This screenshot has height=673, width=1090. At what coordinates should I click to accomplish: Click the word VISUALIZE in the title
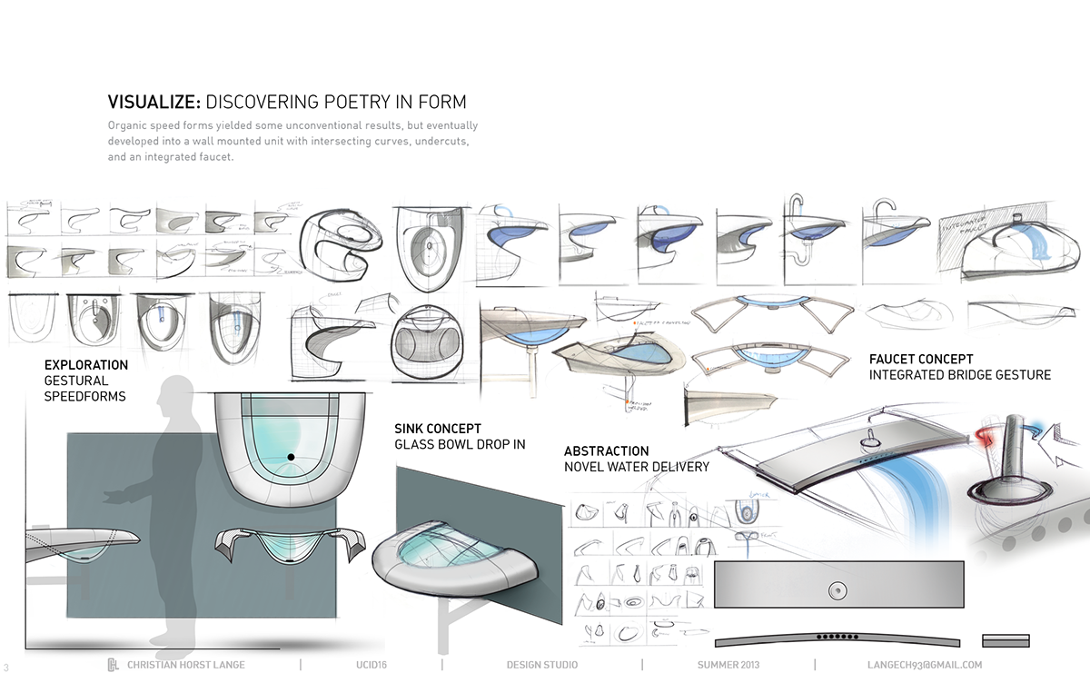pos(154,102)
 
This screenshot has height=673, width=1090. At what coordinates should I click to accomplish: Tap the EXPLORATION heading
pos(86,365)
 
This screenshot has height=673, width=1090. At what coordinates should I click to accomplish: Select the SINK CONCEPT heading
pos(438,428)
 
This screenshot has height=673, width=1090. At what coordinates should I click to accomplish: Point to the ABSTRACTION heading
pos(607,451)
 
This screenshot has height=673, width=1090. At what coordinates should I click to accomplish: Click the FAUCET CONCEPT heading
pos(921,360)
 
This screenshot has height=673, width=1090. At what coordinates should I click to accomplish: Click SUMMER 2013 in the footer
pos(728,665)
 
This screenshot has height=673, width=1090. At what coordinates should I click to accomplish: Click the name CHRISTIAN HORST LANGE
pos(187,665)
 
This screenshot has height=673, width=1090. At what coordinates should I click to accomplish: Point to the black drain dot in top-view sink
pos(291,456)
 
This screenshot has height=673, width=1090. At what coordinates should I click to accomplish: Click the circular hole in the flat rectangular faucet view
pos(834,590)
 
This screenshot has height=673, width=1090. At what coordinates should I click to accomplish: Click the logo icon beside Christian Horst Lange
pos(114,664)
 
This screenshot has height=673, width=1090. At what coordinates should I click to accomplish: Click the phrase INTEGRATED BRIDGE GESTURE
pos(959,375)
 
